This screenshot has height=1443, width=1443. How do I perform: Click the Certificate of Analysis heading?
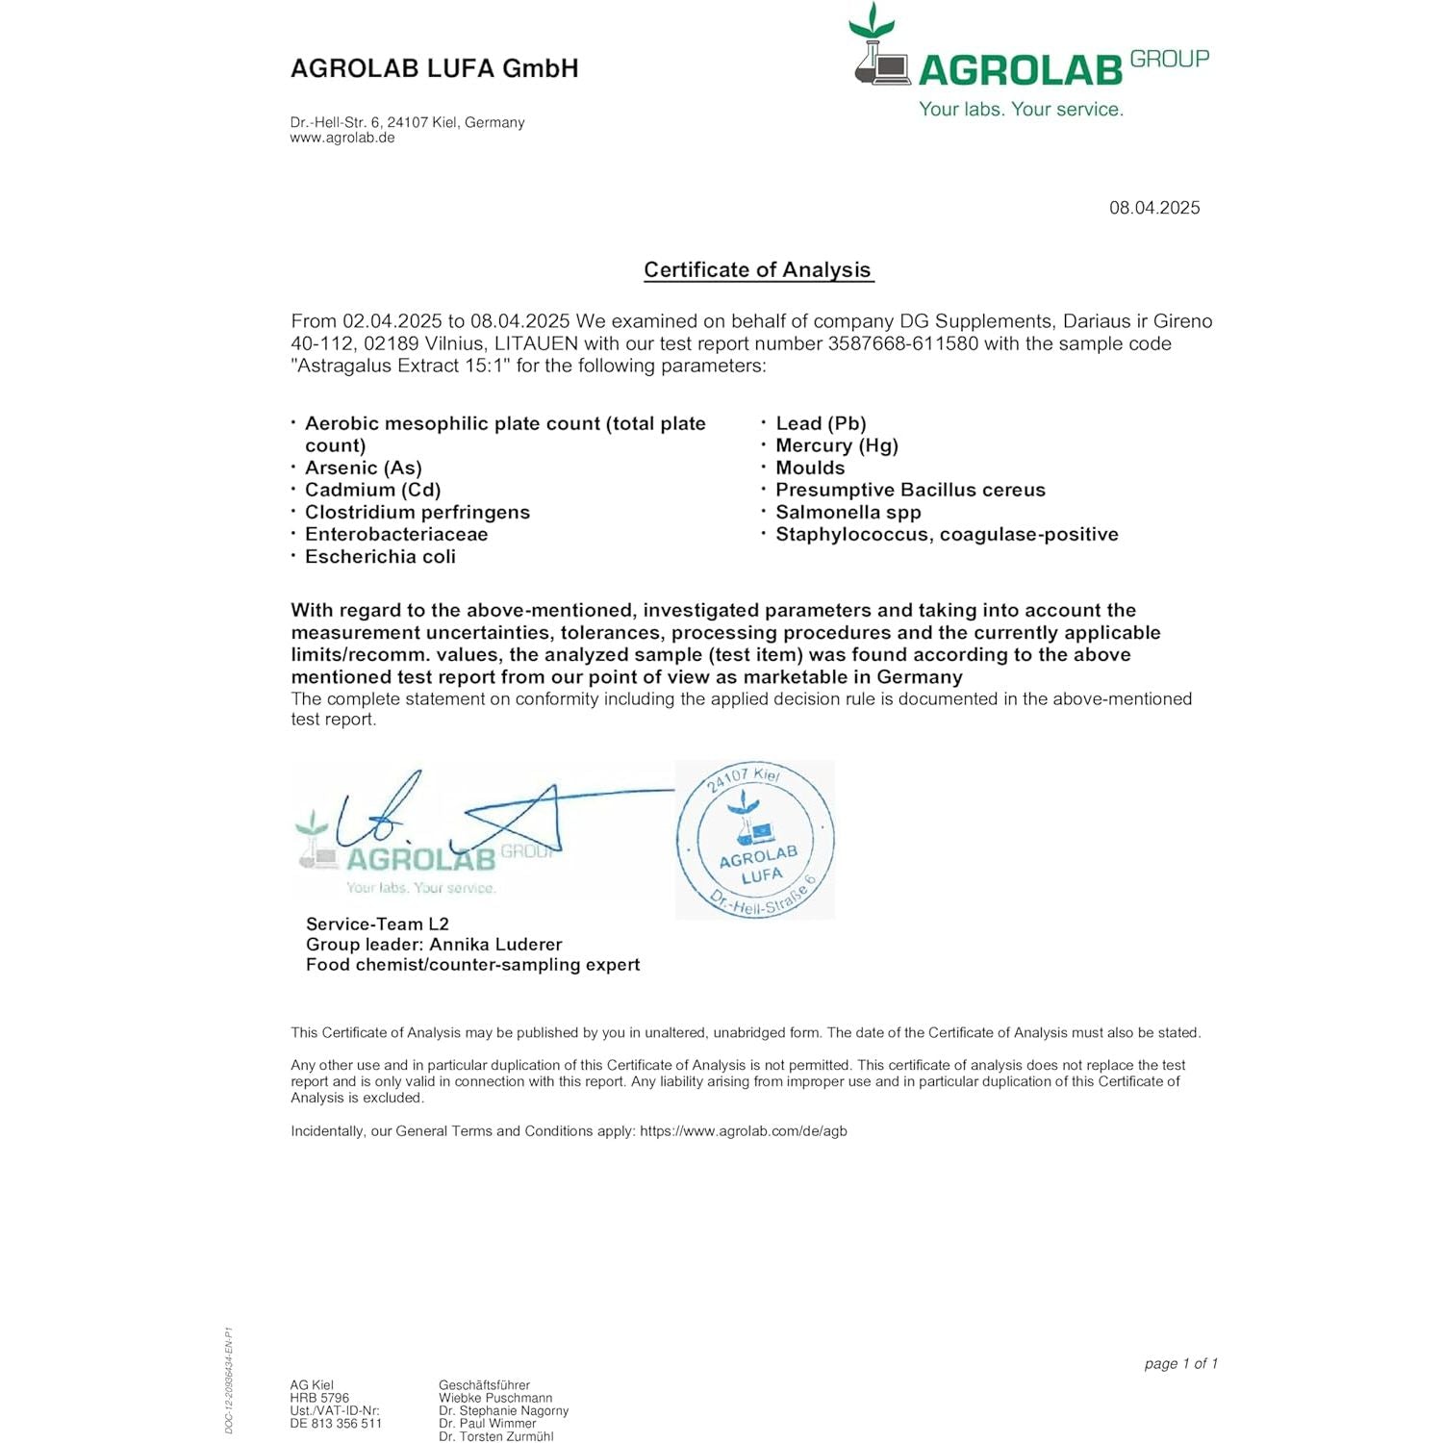[x=757, y=270]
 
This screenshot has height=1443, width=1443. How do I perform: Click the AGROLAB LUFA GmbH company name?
[x=434, y=68]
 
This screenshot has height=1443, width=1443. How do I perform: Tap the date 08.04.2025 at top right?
[x=1153, y=208]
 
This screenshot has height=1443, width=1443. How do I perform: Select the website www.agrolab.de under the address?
[x=342, y=138]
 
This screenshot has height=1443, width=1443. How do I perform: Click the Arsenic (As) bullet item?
[x=363, y=468]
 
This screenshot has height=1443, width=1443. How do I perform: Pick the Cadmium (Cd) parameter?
[x=372, y=491]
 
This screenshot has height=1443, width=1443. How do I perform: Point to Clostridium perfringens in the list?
[x=417, y=513]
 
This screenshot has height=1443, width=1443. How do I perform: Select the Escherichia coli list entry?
[x=380, y=557]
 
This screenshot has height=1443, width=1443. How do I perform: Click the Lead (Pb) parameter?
[x=821, y=424]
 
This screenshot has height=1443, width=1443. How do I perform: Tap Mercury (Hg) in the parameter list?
[x=836, y=446]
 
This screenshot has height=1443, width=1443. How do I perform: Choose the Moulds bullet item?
[x=810, y=468]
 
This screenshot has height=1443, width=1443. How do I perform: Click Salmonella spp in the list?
[x=848, y=513]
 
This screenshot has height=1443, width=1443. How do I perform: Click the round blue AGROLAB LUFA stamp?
[x=755, y=840]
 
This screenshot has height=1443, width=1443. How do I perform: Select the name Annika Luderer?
[x=495, y=945]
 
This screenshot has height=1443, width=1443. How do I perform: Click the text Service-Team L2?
[x=377, y=924]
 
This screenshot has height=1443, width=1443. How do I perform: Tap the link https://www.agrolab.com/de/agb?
[x=743, y=1131]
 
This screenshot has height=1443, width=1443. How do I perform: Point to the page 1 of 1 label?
[x=1180, y=1364]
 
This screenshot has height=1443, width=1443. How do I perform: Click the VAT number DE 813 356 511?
[x=336, y=1424]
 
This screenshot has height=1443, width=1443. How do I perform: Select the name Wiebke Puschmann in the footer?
[x=495, y=1399]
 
